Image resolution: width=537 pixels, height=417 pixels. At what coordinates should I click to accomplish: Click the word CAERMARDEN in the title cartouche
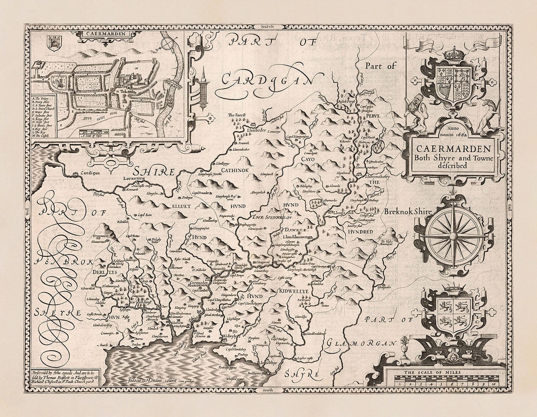coord(453,147)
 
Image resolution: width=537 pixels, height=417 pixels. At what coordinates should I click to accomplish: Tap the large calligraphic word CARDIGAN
coord(267,79)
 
